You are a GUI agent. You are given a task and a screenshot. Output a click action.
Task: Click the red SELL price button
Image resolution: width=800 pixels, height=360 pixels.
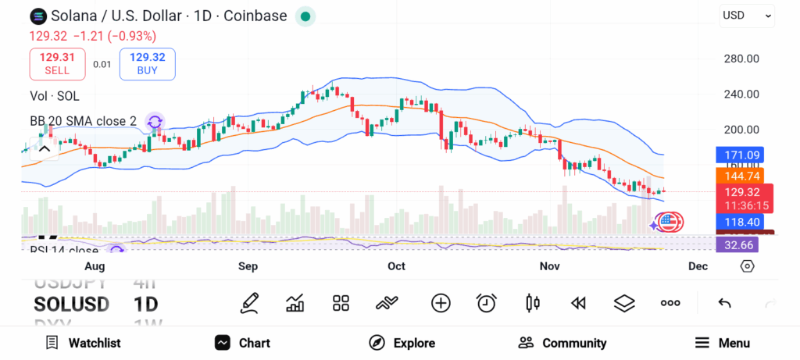(x=56, y=63)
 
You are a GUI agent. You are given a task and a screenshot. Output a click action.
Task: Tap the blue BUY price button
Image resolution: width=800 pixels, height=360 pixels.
(x=147, y=63)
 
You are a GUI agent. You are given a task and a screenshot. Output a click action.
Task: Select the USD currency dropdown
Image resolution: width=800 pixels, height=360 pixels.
(x=747, y=15)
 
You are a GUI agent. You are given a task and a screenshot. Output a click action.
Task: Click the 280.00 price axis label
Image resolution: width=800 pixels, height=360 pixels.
(x=741, y=59)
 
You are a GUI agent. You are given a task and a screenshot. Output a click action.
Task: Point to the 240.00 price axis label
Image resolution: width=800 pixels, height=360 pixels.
(x=741, y=94)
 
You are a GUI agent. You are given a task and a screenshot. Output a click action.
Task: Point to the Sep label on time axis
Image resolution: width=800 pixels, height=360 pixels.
(x=248, y=266)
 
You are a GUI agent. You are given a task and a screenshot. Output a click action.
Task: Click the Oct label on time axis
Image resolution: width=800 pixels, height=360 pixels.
(x=396, y=266)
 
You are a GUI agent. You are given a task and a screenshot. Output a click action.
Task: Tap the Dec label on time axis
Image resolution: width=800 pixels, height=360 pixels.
(x=698, y=266)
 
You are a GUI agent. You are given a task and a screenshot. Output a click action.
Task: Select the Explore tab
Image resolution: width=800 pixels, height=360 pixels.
(x=402, y=343)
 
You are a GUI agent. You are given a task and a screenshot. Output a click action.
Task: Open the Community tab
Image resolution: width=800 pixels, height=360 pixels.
(x=562, y=343)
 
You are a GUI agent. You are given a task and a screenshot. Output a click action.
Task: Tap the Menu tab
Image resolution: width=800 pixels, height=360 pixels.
(x=722, y=343)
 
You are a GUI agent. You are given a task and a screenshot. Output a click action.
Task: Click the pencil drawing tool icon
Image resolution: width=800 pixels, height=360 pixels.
(x=250, y=303)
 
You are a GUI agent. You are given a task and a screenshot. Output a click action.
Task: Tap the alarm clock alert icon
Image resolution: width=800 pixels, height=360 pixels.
(x=487, y=303)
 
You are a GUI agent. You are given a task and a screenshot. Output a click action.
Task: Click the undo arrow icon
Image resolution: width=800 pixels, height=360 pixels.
(x=724, y=303)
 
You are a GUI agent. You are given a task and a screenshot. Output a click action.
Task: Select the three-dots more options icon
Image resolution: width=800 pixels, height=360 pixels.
(x=670, y=303)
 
